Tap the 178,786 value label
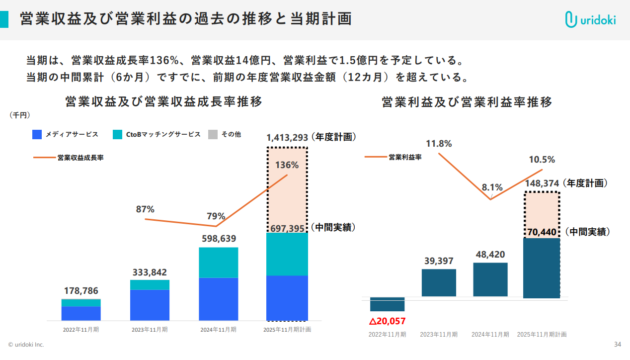tap(81, 291)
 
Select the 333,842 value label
tap(150, 272)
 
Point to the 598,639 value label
tap(219, 239)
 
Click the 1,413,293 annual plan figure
tap(287, 138)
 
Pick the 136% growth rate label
tap(287, 165)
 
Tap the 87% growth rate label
tap(145, 209)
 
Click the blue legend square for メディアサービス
tap(37, 134)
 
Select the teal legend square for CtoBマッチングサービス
tap(117, 134)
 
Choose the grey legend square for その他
tap(213, 134)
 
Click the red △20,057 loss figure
tap(387, 321)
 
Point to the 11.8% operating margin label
tap(439, 144)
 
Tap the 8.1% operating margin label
tap(492, 187)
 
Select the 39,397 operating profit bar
tap(439, 283)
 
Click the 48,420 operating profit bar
tap(490, 279)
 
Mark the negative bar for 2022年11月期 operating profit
tap(387, 304)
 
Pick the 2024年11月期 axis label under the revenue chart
tap(218, 329)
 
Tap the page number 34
tap(618, 345)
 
